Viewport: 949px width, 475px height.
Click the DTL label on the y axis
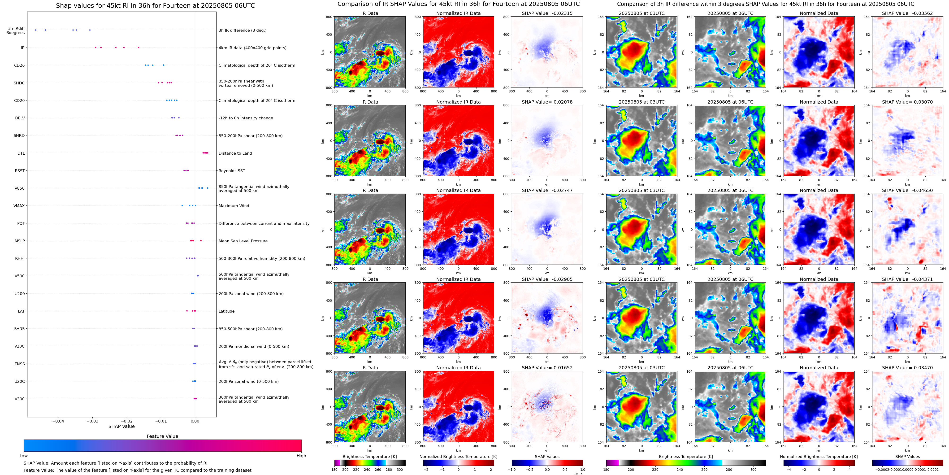pyautogui.click(x=21, y=153)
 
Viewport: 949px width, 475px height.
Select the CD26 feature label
pyautogui.click(x=19, y=65)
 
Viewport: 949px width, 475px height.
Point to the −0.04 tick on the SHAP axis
pyautogui.click(x=58, y=421)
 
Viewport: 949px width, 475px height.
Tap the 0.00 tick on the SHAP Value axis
pyautogui.click(x=195, y=421)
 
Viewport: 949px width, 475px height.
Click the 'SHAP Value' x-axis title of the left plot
pyautogui.click(x=121, y=426)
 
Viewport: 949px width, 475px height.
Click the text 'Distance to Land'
pyautogui.click(x=235, y=153)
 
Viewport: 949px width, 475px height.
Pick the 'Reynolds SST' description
pyautogui.click(x=232, y=171)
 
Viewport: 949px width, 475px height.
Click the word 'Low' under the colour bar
pyautogui.click(x=24, y=456)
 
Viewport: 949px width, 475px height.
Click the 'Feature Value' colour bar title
pyautogui.click(x=162, y=436)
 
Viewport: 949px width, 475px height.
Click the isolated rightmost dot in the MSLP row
pyautogui.click(x=201, y=241)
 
